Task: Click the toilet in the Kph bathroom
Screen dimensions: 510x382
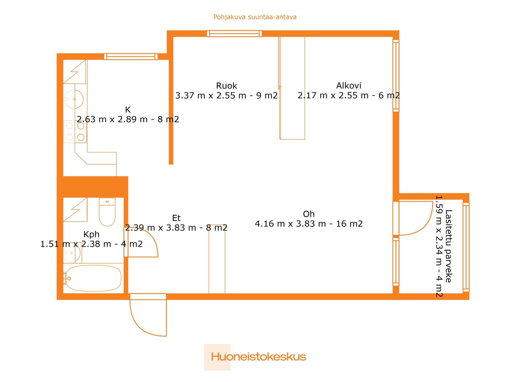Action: pyautogui.click(x=107, y=212)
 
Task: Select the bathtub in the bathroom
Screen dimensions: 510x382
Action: pyautogui.click(x=93, y=278)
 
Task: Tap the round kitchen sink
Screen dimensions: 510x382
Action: pyautogui.click(x=74, y=99)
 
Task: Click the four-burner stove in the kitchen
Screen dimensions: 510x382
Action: pyautogui.click(x=75, y=131)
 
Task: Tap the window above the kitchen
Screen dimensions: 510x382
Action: pyautogui.click(x=131, y=57)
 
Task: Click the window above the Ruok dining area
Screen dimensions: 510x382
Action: pyautogui.click(x=234, y=34)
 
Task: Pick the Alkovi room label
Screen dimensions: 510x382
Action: pyautogui.click(x=348, y=86)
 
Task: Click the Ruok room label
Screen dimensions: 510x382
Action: pyautogui.click(x=227, y=86)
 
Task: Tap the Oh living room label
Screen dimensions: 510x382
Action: pyautogui.click(x=309, y=214)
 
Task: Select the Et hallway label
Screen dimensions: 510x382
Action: pyautogui.click(x=176, y=218)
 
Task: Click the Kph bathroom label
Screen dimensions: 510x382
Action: pyautogui.click(x=91, y=235)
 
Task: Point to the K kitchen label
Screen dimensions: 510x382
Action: pyautogui.click(x=128, y=110)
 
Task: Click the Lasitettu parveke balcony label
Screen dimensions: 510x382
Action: pyautogui.click(x=448, y=246)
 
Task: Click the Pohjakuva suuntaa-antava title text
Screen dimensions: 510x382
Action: pyautogui.click(x=255, y=17)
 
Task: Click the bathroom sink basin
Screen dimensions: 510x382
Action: pyautogui.click(x=72, y=253)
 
